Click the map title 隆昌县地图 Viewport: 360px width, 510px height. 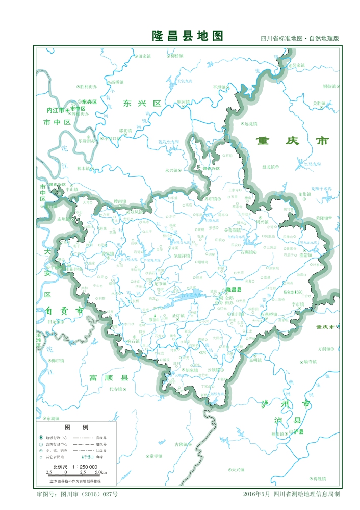coord(188,36)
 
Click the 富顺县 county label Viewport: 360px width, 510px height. coord(109,378)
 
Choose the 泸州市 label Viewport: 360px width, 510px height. coord(286,404)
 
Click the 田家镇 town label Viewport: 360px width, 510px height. coord(145,56)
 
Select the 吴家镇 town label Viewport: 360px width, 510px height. coord(298,65)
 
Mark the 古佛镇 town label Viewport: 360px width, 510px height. coord(181,444)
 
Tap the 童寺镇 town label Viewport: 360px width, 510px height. coord(156,456)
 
